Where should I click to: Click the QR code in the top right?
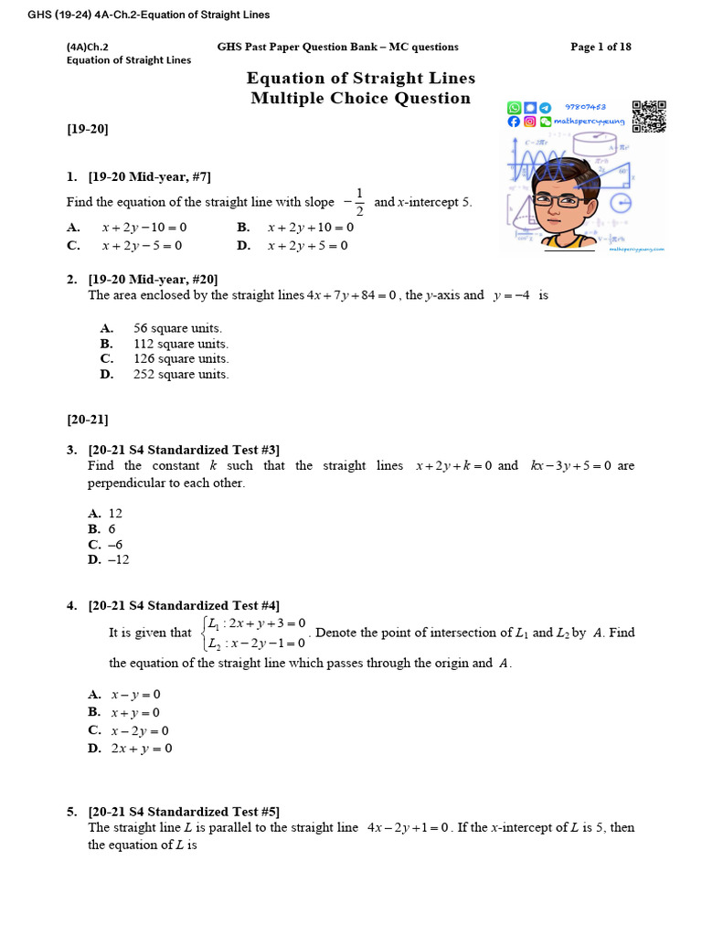[x=649, y=116]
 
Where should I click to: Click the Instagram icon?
[x=529, y=122]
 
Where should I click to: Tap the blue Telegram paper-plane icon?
[x=546, y=107]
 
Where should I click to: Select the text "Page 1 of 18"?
[x=601, y=47]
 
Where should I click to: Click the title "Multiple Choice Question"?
[x=361, y=99]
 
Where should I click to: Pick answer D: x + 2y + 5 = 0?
[x=307, y=245]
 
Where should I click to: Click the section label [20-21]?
[x=88, y=420]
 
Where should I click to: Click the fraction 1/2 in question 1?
[x=359, y=202]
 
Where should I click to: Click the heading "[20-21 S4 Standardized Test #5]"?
[x=184, y=811]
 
